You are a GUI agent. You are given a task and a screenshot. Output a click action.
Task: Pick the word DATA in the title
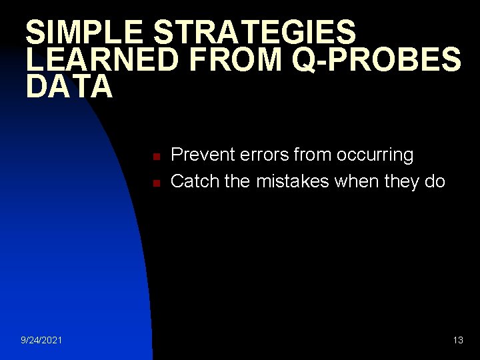pyautogui.click(x=70, y=87)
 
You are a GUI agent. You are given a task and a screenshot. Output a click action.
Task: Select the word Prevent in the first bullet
pyautogui.click(x=198, y=155)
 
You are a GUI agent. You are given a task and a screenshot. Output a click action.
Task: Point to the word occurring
pyautogui.click(x=375, y=155)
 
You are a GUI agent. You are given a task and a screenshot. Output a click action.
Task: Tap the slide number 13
pyautogui.click(x=458, y=341)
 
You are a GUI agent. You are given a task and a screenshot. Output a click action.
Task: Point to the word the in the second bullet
pyautogui.click(x=237, y=181)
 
